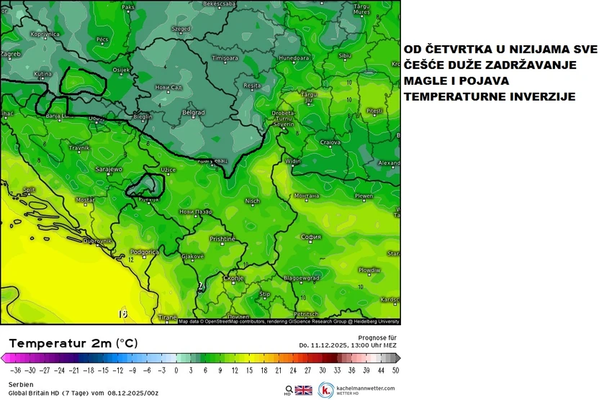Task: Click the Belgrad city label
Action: tap(194, 113)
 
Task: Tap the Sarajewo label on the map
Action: tap(109, 169)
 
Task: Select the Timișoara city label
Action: tap(225, 58)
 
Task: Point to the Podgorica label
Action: tap(145, 253)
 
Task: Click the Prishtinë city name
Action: tap(222, 238)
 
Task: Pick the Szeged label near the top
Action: tap(180, 29)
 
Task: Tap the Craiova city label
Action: tap(330, 142)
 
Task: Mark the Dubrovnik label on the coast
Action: tap(97, 241)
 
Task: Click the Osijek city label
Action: tap(121, 70)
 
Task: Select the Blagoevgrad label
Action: tap(301, 278)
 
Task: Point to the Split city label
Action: tap(29, 190)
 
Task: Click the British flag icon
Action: tap(303, 390)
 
